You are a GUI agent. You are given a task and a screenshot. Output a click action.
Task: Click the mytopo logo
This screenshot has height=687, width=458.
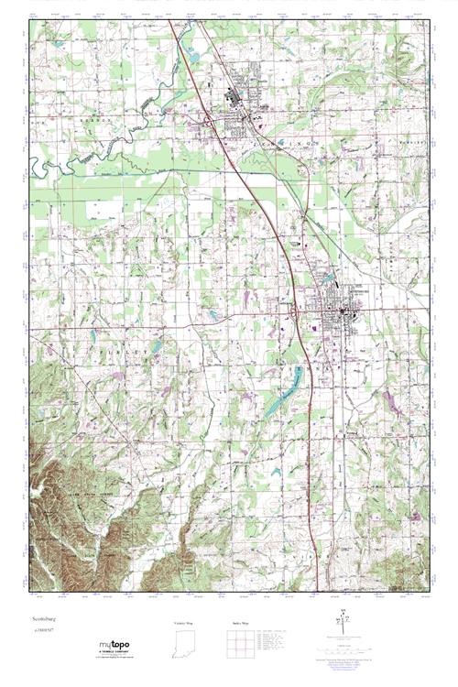point(113,643)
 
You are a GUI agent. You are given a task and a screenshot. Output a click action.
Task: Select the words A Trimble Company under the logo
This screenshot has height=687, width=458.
point(113,651)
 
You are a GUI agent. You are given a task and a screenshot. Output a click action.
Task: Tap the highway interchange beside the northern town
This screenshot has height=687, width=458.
point(209,121)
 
